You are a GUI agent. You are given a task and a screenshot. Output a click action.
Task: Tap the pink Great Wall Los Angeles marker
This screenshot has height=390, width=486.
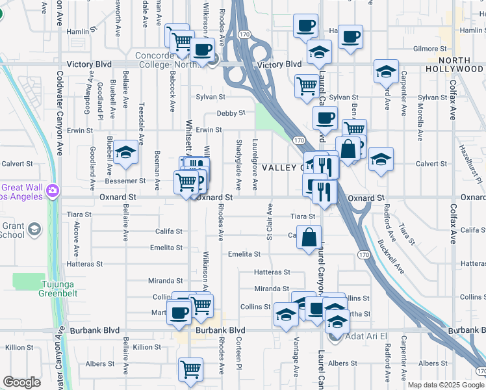tap(52, 190)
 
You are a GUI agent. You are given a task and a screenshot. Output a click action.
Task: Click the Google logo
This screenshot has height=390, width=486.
tap(21, 382)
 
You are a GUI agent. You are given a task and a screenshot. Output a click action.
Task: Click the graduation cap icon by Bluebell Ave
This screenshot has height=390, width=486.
tap(126, 153)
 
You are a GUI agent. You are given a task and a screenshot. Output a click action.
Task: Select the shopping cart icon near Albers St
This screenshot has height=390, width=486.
tap(190, 369)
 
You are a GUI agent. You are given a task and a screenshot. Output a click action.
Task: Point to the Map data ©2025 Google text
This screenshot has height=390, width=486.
tap(446, 385)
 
